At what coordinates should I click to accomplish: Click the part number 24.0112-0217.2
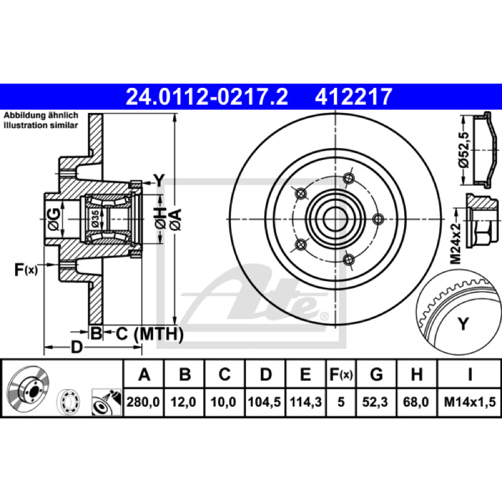[207, 97]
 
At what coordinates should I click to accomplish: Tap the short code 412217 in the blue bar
[353, 97]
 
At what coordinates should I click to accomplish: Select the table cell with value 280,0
[143, 402]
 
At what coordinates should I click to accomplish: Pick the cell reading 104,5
[264, 402]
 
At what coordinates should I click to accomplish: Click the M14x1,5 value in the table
[469, 402]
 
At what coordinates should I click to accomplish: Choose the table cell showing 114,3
[306, 402]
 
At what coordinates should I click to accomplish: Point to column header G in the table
[376, 374]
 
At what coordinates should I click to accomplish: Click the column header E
[306, 374]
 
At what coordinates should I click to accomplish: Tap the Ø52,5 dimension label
[464, 150]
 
